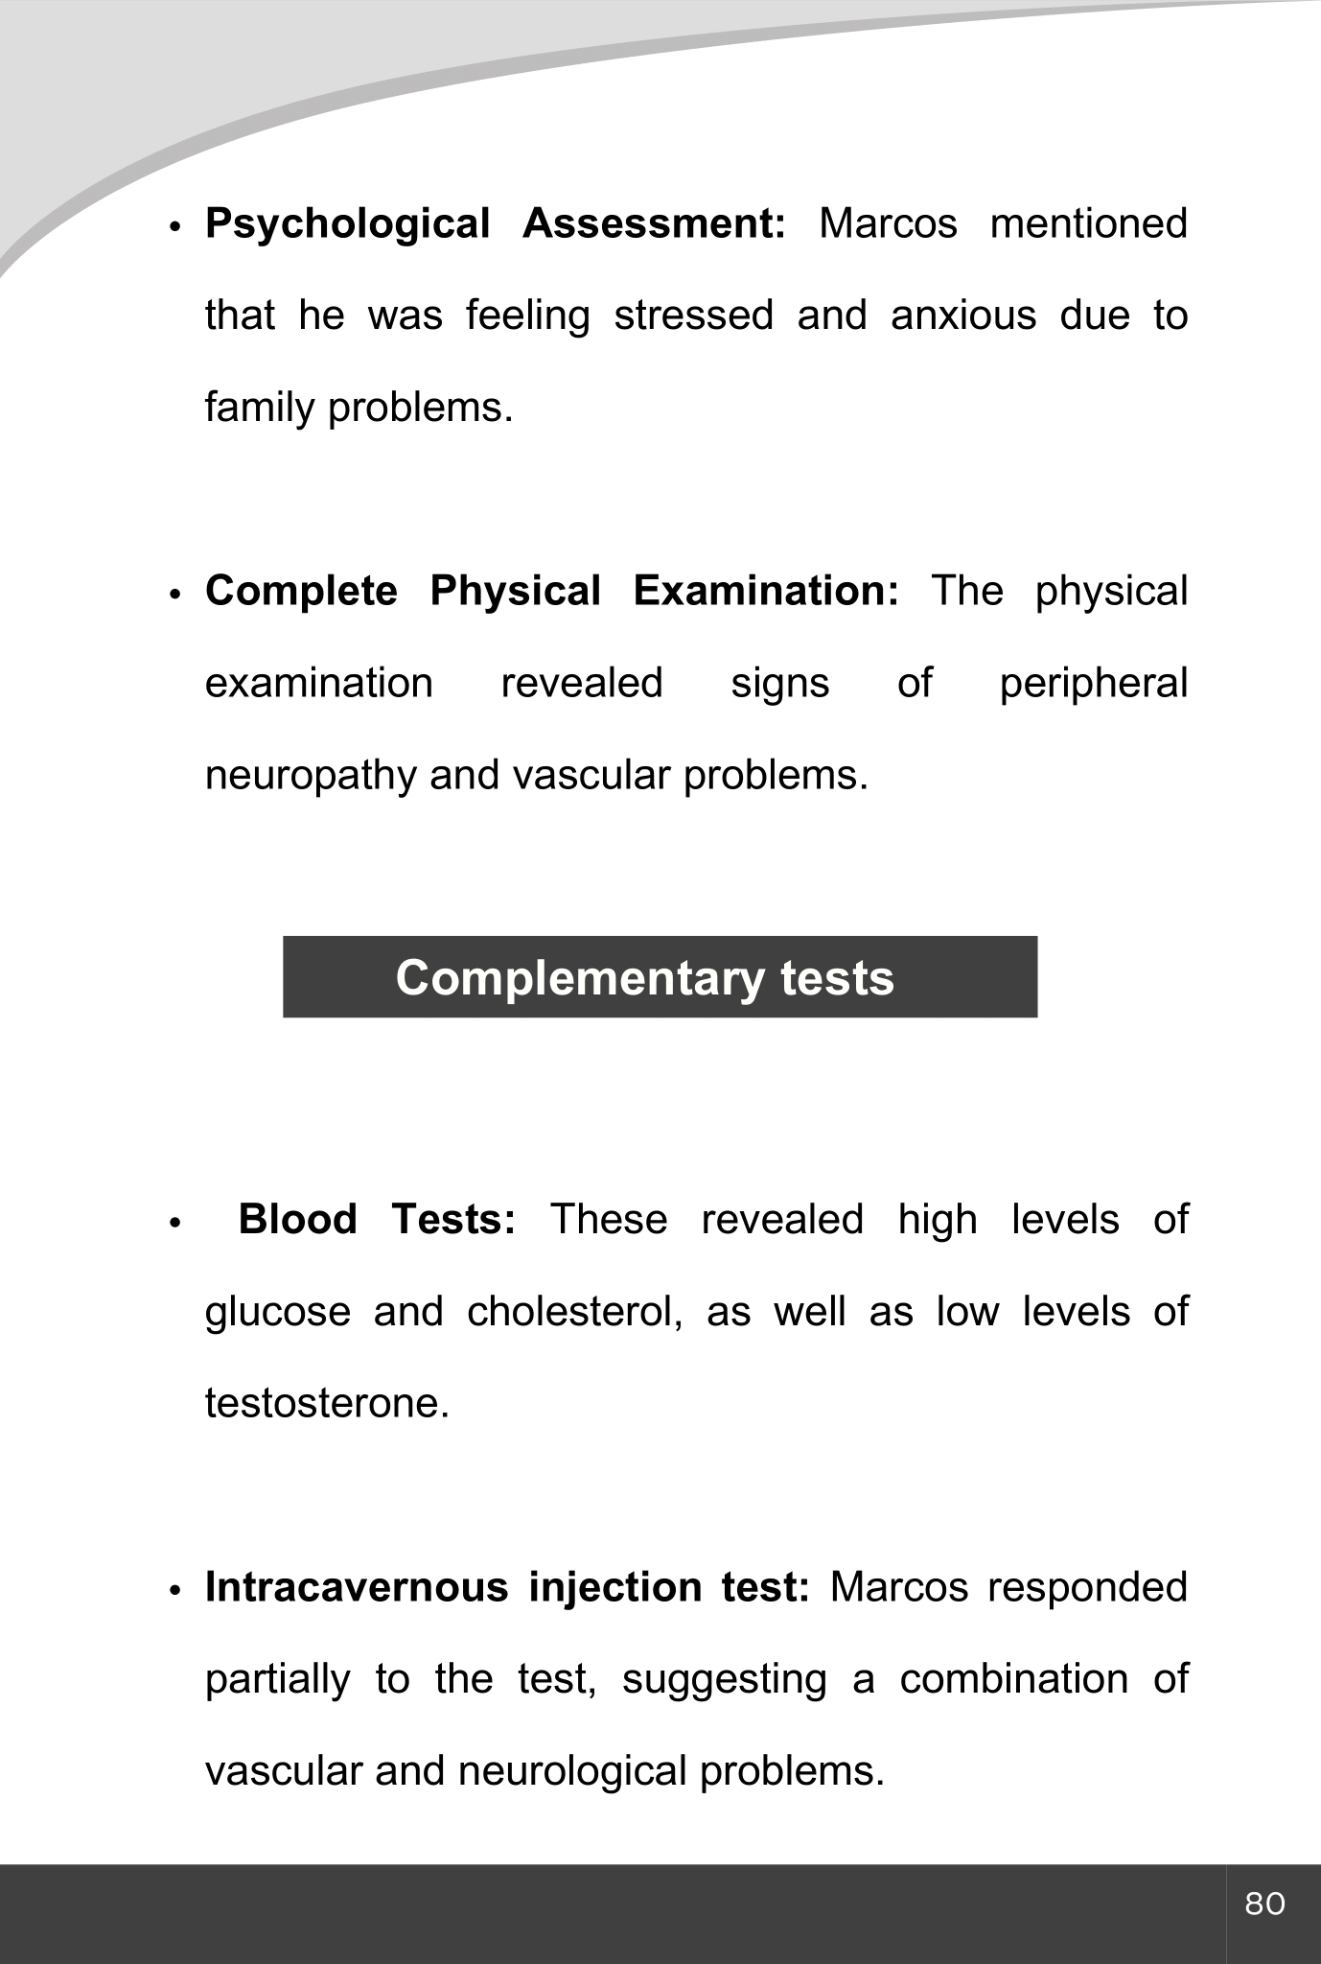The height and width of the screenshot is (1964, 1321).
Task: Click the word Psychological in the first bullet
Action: click(347, 224)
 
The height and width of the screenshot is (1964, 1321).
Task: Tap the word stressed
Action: click(693, 316)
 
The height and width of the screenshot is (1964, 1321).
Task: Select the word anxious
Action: click(962, 316)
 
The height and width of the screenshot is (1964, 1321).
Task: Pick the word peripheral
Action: click(1093, 685)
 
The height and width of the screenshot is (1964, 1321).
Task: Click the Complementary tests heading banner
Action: click(660, 977)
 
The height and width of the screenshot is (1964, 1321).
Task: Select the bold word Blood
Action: click(297, 1220)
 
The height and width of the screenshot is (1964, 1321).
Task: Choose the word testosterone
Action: click(326, 1404)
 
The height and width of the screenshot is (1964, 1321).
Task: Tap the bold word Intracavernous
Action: click(357, 1587)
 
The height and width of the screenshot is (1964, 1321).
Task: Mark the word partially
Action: click(278, 1680)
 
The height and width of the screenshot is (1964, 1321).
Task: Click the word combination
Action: click(1013, 1679)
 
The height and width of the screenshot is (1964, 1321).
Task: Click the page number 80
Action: click(1264, 1904)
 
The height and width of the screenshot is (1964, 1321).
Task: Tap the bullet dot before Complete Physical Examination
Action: click(174, 595)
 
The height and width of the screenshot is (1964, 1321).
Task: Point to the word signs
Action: click(779, 685)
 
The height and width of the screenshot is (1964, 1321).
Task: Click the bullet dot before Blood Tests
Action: click(174, 1224)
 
